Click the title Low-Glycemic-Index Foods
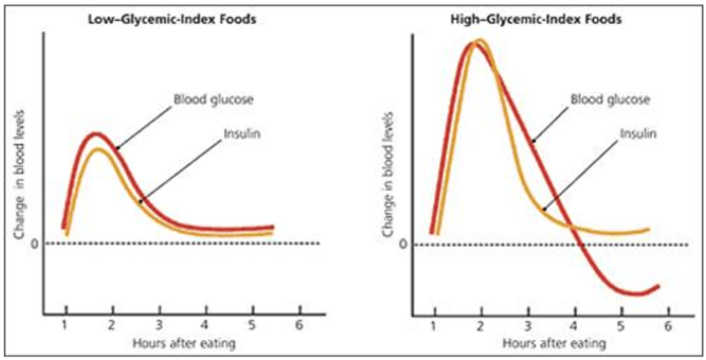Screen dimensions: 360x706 tap(172, 19)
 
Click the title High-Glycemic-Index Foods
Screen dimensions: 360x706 tap(536, 19)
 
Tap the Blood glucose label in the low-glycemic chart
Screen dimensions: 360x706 tap(213, 99)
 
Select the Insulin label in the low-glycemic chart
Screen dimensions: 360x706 tap(242, 134)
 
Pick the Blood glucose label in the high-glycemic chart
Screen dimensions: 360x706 tap(610, 99)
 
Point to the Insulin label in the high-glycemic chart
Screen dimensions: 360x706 tap(638, 134)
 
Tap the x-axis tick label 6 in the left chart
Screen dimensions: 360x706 tap(299, 325)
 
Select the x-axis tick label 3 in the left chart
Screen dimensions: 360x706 tap(159, 325)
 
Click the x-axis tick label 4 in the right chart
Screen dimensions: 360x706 tap(574, 326)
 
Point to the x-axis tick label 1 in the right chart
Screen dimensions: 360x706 tap(433, 326)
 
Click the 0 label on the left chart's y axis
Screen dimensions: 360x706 tap(35, 244)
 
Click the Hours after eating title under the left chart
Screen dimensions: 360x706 tap(184, 343)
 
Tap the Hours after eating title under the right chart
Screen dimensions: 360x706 tap(554, 343)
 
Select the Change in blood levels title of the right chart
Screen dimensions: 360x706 tap(388, 175)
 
